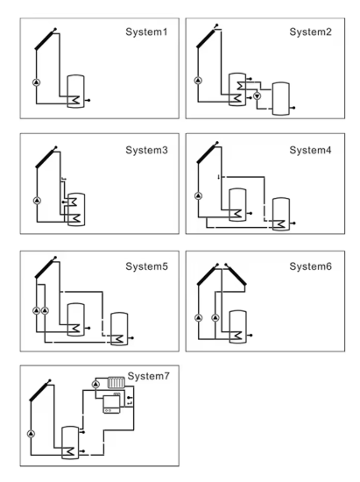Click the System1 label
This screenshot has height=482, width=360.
(x=146, y=32)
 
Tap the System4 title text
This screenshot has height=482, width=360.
(x=310, y=150)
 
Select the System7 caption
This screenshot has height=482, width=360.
(x=148, y=376)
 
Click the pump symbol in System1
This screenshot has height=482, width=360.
(x=37, y=82)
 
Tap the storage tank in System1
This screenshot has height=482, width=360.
(x=76, y=91)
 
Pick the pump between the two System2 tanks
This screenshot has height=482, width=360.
(x=258, y=96)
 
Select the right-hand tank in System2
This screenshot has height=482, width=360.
(x=281, y=99)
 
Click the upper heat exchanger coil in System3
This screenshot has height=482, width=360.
(x=73, y=202)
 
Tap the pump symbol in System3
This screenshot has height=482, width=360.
(x=37, y=201)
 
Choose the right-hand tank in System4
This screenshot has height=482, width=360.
(x=281, y=214)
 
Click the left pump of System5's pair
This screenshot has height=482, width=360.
(x=36, y=310)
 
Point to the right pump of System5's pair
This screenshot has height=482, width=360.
(x=45, y=310)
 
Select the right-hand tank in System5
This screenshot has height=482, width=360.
(x=119, y=329)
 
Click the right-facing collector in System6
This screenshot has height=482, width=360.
(x=236, y=274)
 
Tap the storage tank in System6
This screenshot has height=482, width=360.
(x=237, y=327)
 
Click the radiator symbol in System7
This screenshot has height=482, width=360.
(x=116, y=383)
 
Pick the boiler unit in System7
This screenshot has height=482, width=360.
(x=111, y=404)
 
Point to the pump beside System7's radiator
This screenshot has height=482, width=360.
(x=95, y=384)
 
